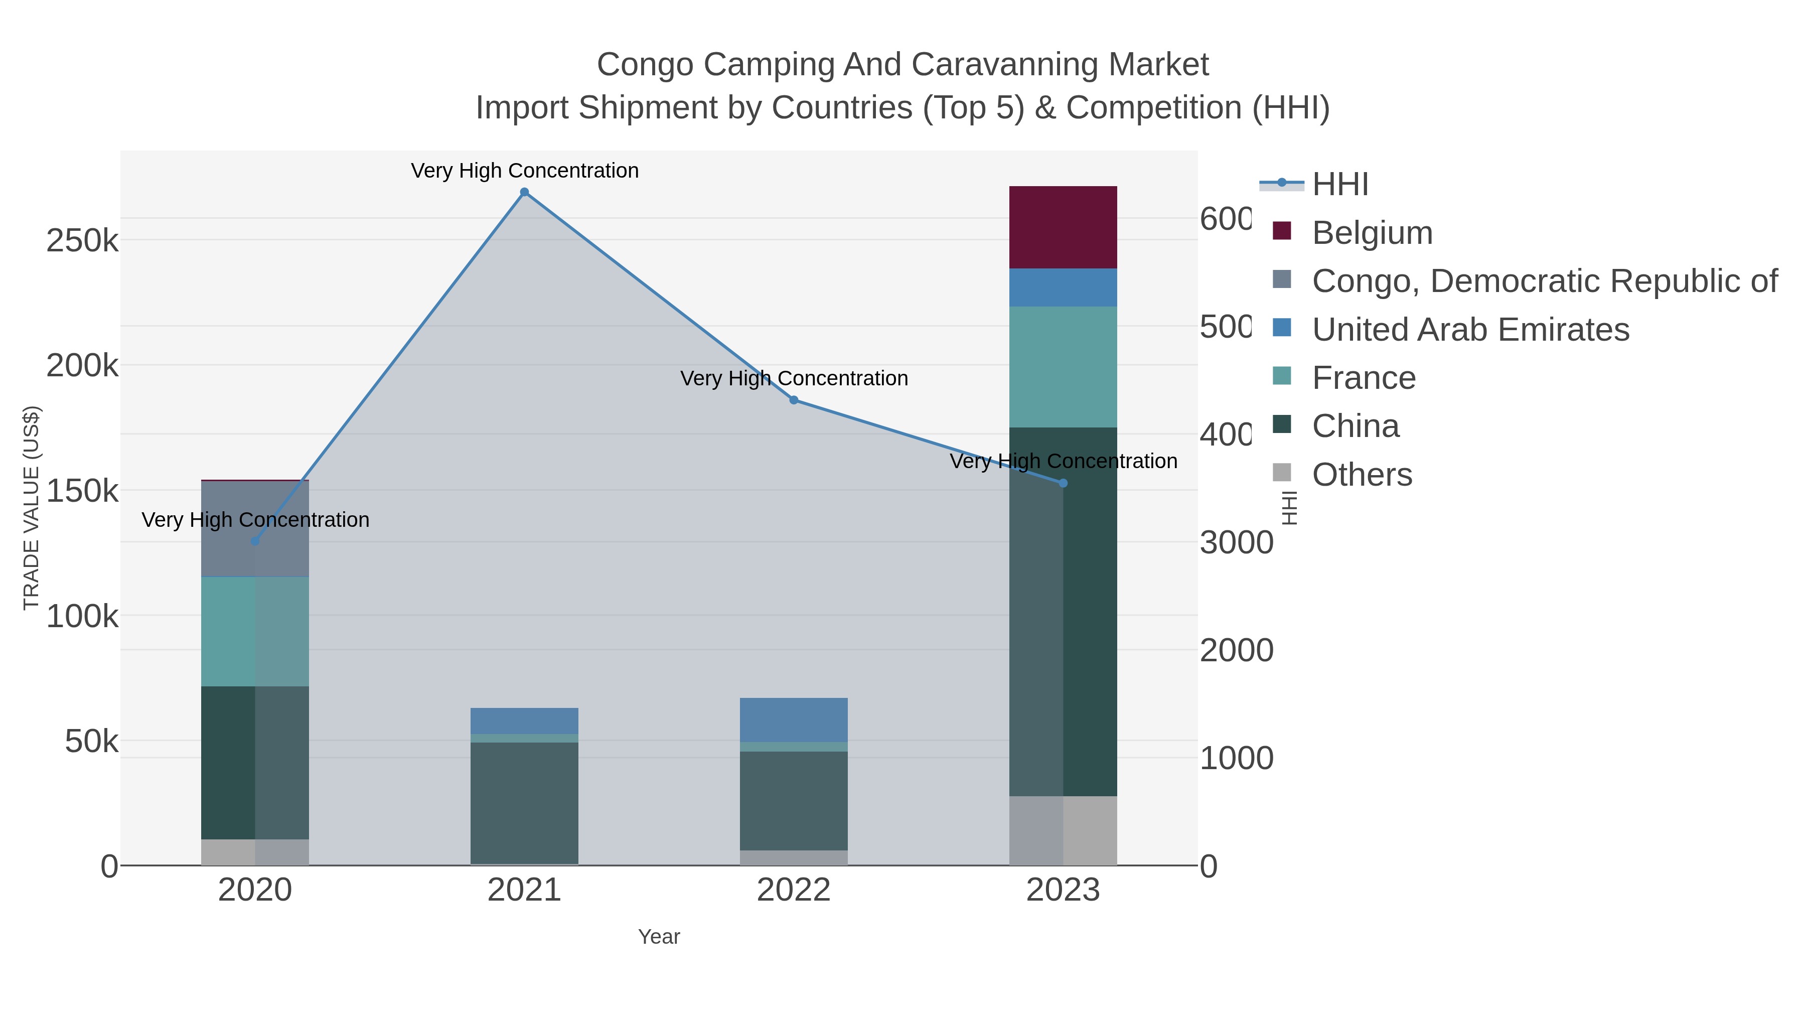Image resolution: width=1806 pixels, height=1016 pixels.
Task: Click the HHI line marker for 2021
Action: click(524, 192)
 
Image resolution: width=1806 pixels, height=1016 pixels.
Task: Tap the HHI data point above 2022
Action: click(794, 400)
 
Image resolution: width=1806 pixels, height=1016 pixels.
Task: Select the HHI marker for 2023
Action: click(1063, 483)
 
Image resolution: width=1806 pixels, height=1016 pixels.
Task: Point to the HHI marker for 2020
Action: click(255, 541)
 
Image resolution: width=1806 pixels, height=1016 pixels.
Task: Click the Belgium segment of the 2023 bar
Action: click(1063, 227)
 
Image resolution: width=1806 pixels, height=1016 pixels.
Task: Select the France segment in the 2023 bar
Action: click(1063, 367)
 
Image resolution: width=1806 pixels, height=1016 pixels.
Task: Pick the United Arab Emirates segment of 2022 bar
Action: click(794, 720)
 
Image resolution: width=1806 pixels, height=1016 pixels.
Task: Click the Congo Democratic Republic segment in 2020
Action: click(255, 529)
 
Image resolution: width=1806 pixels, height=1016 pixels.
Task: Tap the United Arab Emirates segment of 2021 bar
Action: click(524, 721)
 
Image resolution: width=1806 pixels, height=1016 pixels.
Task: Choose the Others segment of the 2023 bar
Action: click(1063, 830)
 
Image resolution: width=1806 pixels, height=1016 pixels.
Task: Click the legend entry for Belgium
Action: click(1372, 233)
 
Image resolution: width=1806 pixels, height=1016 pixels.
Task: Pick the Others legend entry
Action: click(1361, 475)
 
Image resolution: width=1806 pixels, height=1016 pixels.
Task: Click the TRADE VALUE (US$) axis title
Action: click(31, 508)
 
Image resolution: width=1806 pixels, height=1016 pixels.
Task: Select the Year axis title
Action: click(658, 937)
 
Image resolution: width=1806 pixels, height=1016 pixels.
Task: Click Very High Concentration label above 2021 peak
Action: click(524, 171)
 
